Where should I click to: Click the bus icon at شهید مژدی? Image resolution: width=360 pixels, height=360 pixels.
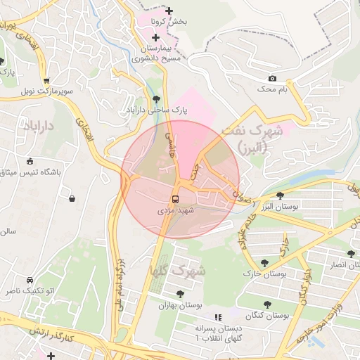point(175,198)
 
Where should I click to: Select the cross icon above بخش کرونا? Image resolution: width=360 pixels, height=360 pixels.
point(168,11)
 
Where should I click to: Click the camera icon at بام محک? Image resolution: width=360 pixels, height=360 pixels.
point(272,78)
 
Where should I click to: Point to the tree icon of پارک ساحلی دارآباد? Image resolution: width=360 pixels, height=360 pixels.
point(155,99)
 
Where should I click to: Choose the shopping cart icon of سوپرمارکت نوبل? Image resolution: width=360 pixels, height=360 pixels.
point(46,81)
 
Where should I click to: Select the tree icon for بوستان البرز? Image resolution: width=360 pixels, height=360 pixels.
point(281,195)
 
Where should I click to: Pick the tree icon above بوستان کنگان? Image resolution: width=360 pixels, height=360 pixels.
point(267,304)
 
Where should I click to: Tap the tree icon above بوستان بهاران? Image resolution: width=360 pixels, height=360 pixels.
point(181,294)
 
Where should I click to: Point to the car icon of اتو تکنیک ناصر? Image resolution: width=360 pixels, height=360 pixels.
point(29,279)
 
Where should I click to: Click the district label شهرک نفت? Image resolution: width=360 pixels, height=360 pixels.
point(251,131)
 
